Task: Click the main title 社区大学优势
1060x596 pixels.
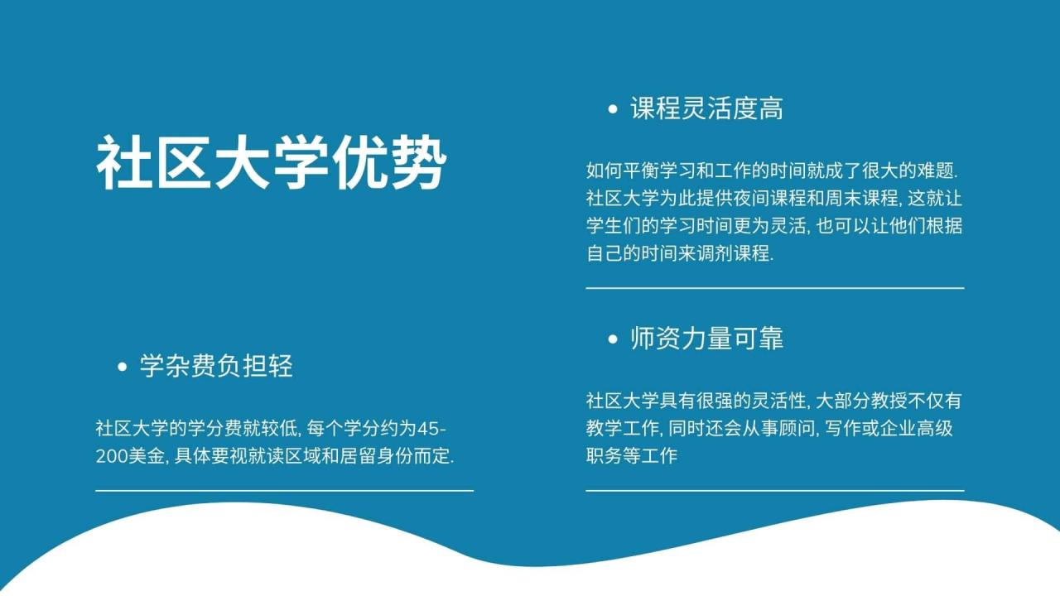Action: (272, 163)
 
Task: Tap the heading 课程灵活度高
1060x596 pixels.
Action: (706, 108)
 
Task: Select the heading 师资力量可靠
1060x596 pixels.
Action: (706, 339)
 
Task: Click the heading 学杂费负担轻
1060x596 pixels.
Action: (216, 366)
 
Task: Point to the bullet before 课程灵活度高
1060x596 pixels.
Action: (613, 109)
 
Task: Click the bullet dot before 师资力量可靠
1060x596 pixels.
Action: (613, 339)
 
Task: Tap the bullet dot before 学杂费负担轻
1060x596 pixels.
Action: (123, 367)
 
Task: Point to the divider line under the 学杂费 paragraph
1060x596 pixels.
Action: (284, 491)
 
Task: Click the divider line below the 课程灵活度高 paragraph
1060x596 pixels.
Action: (774, 288)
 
